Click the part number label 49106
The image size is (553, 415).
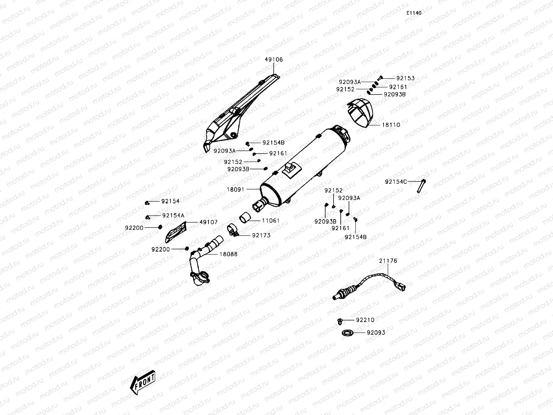coord(274,60)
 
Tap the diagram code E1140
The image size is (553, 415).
coord(413,13)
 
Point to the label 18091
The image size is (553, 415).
coord(236,190)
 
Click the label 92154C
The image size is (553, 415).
coord(396,182)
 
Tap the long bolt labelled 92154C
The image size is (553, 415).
coord(421,186)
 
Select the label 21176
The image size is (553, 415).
coord(388,261)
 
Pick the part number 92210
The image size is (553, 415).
coord(365,320)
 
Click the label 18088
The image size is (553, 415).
coord(229,254)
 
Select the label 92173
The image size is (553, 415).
coord(261,235)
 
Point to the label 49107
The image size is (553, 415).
coord(209,222)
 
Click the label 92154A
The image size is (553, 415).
coord(173,215)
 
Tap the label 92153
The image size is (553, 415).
coord(405,78)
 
